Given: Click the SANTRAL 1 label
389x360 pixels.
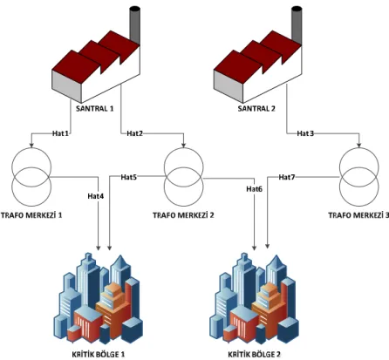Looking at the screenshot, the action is pos(94,109).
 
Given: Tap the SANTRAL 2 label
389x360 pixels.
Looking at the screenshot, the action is pos(256,109).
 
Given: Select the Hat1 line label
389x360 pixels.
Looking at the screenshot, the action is pos(60,133).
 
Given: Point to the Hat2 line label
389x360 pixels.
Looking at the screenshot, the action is pos(135,133).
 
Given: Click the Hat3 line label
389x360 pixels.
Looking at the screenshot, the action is pos(305,133).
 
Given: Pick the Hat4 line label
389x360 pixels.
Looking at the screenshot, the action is pos(96,196).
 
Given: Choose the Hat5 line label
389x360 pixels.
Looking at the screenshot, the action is pos(129,177).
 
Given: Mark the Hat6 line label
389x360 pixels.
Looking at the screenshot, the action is pos(254,189).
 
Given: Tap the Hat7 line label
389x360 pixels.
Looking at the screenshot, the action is pos(287,177).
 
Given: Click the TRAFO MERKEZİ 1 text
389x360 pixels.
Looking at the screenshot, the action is pos(31,215).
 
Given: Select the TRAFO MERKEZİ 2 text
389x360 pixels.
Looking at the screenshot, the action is pos(183,215).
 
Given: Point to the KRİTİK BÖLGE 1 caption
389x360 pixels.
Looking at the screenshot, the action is pos(99,355).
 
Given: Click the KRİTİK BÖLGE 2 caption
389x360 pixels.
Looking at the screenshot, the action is pos(255,355).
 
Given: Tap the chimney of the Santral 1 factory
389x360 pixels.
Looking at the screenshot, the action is pos(135,25).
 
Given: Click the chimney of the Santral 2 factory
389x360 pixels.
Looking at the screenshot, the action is pos(297,25).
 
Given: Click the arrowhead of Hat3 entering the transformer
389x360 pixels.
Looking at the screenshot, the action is pos(359,145).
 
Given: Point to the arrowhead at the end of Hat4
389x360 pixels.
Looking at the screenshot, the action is pos(99,248).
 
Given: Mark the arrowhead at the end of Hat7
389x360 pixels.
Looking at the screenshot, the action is pos(267,247).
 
